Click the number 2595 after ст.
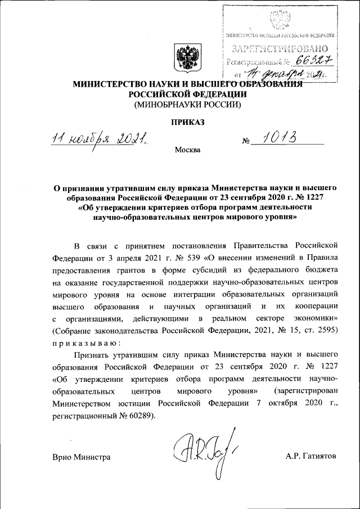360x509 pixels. pyautogui.click(x=327, y=330)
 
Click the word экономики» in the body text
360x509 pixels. pyautogui.click(x=312, y=318)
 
